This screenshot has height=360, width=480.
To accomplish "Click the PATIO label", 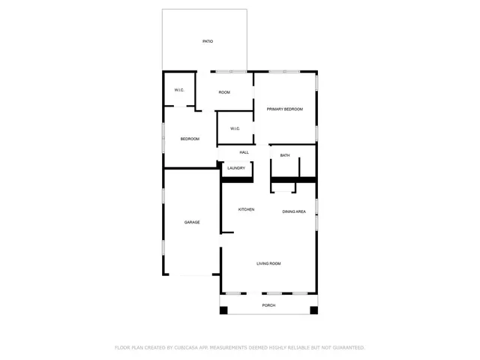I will point(208,41).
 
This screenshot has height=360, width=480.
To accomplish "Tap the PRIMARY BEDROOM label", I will point(285,109).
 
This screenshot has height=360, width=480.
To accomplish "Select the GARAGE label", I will point(192,222).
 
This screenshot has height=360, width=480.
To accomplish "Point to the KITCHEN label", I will point(246,209).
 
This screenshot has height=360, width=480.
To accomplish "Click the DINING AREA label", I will point(294,212).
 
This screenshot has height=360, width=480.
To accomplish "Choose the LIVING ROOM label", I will point(268,263).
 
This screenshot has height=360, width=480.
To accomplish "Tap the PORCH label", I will point(268,306).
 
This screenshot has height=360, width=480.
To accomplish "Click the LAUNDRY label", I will point(236,168).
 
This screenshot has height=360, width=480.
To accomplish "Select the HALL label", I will point(244,152).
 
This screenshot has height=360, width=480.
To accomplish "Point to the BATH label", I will point(285,155).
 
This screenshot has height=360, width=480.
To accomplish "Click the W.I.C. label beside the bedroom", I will point(179,90).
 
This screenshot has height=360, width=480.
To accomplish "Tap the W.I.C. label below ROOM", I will point(235,128).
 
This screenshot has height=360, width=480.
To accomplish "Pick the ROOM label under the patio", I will point(224,92).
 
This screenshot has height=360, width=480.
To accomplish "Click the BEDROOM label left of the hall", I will point(190,139).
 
